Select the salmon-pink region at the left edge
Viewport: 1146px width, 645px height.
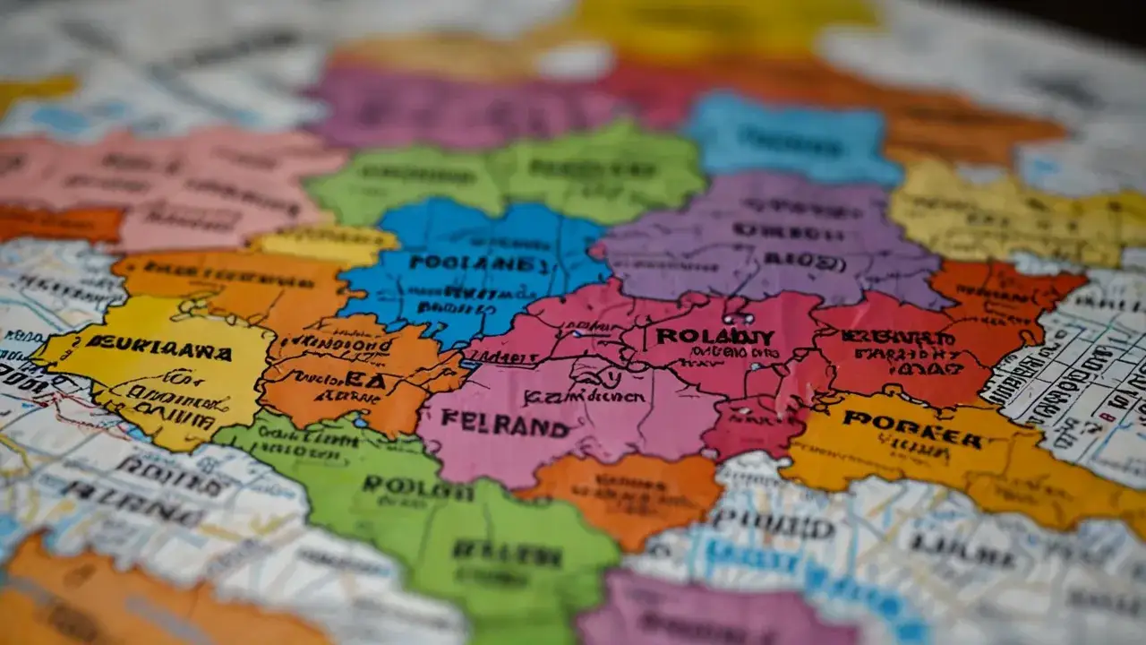[170, 179]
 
